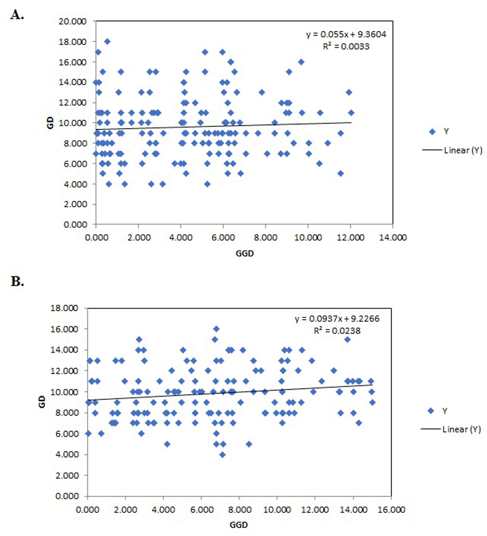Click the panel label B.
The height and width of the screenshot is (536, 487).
click(x=17, y=281)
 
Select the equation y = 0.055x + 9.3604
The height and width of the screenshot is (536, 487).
click(x=346, y=34)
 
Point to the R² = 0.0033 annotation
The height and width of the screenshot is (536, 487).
click(x=346, y=47)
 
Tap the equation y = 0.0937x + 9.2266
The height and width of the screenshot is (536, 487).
click(x=337, y=319)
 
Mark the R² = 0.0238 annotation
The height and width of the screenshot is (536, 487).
click(x=337, y=331)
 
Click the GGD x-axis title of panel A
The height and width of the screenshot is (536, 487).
click(x=245, y=253)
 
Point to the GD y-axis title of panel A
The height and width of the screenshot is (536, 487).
click(x=50, y=123)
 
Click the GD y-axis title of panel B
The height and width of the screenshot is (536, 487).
click(x=42, y=402)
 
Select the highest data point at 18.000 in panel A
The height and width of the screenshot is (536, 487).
click(x=107, y=41)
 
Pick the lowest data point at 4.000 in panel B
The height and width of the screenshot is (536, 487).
click(x=222, y=455)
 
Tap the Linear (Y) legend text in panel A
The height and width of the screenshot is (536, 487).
click(x=463, y=150)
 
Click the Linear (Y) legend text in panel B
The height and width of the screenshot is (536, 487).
click(x=461, y=429)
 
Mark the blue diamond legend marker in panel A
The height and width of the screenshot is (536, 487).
click(x=432, y=131)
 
